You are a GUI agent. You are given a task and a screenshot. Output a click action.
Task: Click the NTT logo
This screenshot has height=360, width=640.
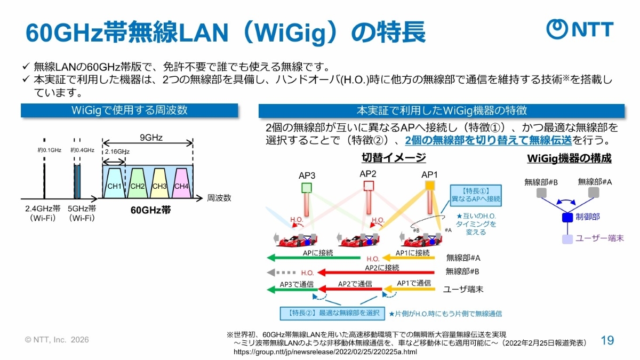pyautogui.click(x=580, y=29)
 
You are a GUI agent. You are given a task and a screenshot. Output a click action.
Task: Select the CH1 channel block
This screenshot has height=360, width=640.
pyautogui.click(x=114, y=185)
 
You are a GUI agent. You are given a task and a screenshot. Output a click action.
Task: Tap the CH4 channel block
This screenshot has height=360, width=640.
pyautogui.click(x=181, y=185)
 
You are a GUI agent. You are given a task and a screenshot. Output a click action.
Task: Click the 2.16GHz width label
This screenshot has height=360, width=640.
pyautogui.click(x=117, y=151)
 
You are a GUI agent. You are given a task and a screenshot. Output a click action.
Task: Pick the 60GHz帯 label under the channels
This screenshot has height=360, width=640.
pyautogui.click(x=150, y=210)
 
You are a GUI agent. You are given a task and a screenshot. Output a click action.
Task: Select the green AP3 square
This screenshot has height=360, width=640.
pyautogui.click(x=306, y=187)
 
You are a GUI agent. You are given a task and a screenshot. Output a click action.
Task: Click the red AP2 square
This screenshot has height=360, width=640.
pyautogui.click(x=368, y=186)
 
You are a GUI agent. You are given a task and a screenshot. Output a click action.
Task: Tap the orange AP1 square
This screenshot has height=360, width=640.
pyautogui.click(x=430, y=186)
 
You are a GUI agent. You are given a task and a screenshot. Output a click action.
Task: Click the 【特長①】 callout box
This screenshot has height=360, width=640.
pyautogui.click(x=476, y=195)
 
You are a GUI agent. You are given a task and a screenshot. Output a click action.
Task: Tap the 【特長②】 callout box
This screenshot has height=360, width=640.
pyautogui.click(x=330, y=313)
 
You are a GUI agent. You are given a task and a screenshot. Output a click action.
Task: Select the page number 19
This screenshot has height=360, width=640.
pyautogui.click(x=607, y=341)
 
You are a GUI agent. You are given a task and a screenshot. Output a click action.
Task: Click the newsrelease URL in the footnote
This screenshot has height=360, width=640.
pyautogui.click(x=325, y=353)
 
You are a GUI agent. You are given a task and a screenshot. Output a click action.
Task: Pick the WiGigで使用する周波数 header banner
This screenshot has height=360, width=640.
pyautogui.click(x=129, y=110)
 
